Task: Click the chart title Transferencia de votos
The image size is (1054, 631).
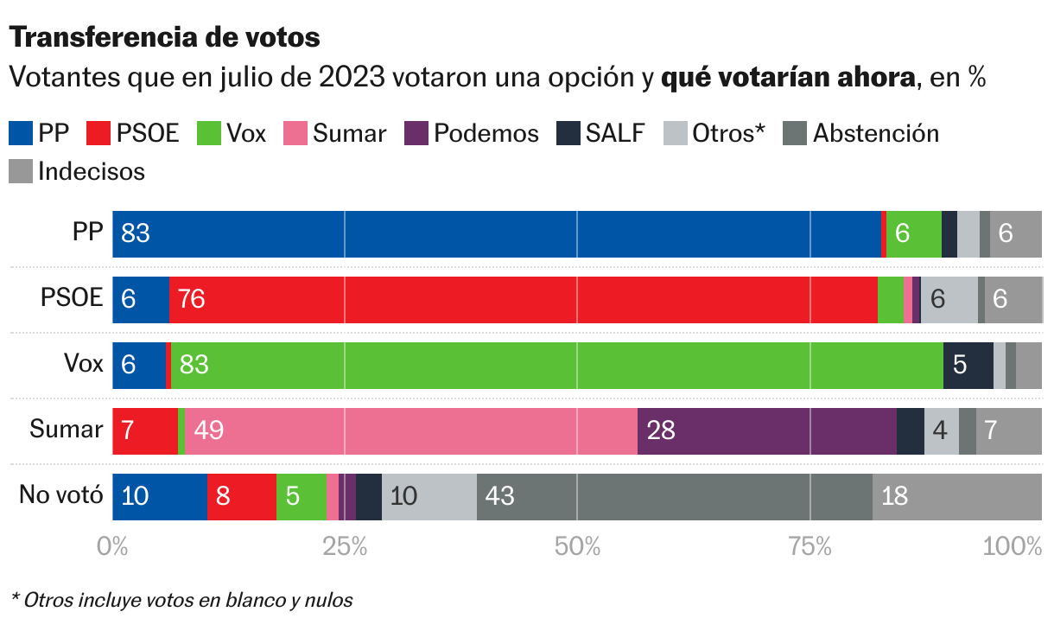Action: (164, 37)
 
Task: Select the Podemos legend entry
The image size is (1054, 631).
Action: (472, 133)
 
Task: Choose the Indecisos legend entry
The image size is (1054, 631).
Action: (77, 171)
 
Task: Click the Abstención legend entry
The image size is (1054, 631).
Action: (860, 133)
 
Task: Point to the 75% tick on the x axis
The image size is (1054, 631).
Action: (810, 546)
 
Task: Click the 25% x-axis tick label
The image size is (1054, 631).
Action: (345, 546)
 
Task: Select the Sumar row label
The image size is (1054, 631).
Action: (67, 429)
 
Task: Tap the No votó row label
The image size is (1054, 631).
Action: (61, 495)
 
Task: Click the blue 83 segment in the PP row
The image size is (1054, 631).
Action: (497, 233)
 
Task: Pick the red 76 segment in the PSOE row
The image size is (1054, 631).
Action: (523, 300)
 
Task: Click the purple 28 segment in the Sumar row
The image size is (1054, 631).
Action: (766, 430)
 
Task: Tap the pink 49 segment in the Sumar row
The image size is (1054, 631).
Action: (410, 430)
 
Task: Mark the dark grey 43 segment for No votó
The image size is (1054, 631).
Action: (674, 497)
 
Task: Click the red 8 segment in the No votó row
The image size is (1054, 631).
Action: (241, 497)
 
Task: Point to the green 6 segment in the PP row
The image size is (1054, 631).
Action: (913, 233)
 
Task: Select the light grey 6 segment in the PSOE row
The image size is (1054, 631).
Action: (949, 300)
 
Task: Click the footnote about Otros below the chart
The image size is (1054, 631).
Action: (181, 600)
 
